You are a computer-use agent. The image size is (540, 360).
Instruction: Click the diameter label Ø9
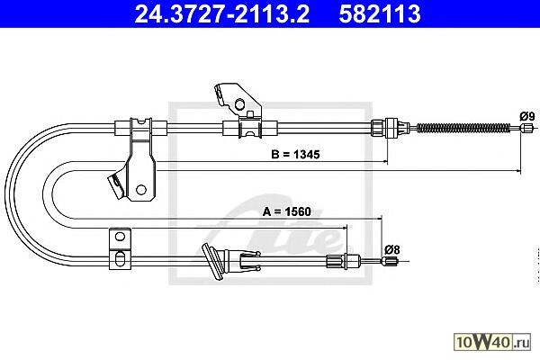(527, 115)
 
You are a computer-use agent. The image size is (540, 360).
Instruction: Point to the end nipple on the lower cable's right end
(391, 263)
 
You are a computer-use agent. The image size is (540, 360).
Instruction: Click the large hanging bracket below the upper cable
(139, 162)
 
